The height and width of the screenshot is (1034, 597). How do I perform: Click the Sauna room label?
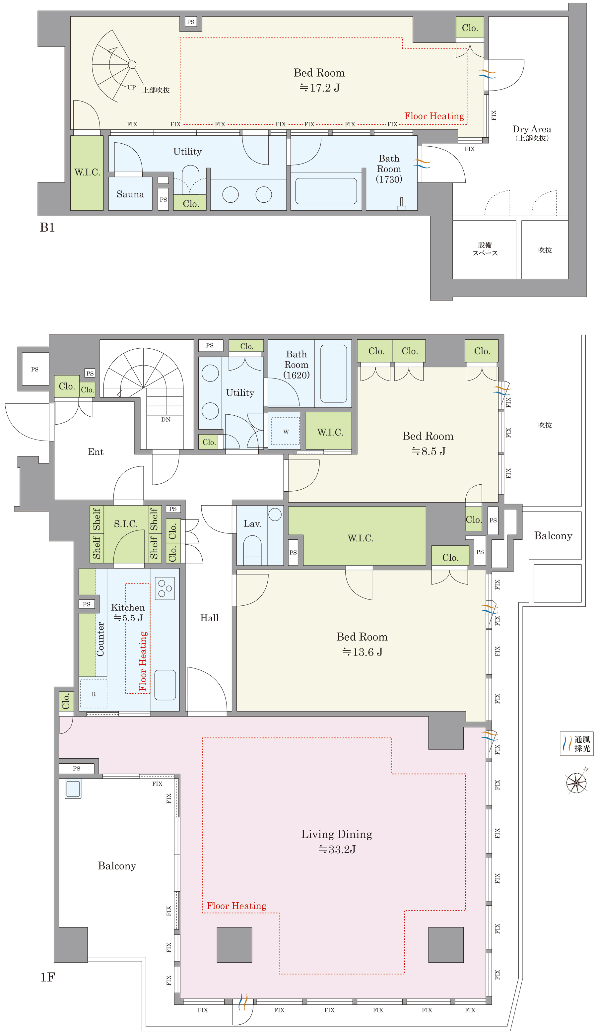(130, 194)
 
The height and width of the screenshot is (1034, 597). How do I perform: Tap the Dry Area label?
(531, 129)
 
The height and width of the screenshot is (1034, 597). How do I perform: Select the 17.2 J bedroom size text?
(319, 88)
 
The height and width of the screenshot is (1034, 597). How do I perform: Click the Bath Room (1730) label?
(389, 169)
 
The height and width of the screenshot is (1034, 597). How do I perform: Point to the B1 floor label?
(47, 228)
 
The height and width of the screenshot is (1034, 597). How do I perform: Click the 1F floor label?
(47, 977)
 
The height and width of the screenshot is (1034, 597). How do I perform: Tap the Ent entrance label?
(96, 452)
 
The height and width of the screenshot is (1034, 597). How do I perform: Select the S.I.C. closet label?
(125, 524)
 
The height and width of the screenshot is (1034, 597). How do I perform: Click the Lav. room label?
(252, 524)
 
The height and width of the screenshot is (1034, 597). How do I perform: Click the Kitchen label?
(128, 608)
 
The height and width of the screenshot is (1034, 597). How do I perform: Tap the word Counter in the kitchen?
(100, 639)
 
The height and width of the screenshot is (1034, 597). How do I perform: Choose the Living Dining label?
(337, 834)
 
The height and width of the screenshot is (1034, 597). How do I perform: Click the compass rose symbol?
(576, 783)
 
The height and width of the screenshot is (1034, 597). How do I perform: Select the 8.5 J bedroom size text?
(428, 451)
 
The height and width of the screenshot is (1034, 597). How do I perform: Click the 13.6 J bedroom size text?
(362, 652)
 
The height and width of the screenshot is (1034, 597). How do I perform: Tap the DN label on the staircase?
(166, 419)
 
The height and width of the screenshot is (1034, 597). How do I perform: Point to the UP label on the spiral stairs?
(132, 87)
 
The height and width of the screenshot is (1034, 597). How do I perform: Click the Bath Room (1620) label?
(297, 365)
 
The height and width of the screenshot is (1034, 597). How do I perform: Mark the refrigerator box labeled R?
(94, 694)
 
